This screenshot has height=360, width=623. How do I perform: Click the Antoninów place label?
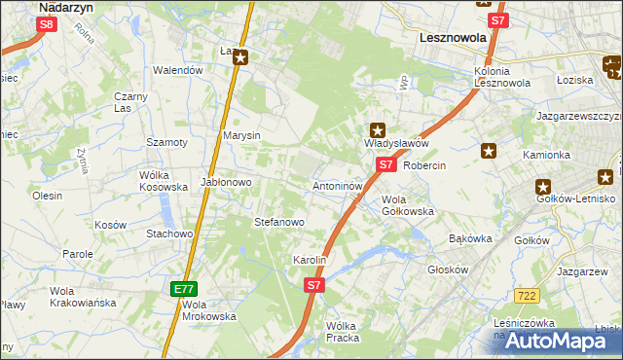(338, 185)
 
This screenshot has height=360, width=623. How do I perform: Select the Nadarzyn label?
(64, 7)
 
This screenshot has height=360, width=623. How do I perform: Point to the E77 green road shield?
(185, 289)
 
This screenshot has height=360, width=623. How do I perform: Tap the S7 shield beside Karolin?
(313, 285)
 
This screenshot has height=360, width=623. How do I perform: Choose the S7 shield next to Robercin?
(386, 164)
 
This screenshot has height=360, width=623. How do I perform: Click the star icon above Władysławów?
(378, 129)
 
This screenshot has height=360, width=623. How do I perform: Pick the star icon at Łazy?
(240, 57)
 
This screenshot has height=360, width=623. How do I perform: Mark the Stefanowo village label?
(279, 222)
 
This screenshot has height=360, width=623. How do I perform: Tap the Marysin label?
(241, 135)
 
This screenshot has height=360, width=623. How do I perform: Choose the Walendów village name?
(178, 70)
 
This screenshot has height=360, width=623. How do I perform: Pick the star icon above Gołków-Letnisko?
(542, 187)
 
